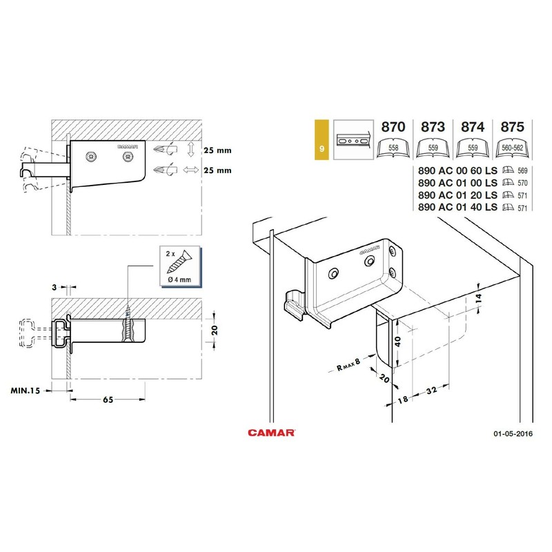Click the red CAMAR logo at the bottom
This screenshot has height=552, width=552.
pos(271,433)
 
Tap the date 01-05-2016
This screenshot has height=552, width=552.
pos(513,434)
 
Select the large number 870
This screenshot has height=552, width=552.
pos(393,127)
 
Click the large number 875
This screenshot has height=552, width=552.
pos(512,127)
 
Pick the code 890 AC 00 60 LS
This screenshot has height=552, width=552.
pos(457,170)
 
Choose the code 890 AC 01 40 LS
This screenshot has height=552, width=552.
pos(457,207)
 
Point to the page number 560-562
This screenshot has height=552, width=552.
pos(512,148)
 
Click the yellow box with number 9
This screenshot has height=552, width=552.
pos(322,140)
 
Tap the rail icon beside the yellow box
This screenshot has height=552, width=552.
pos(353,140)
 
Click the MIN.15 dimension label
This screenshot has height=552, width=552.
pos(26,391)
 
